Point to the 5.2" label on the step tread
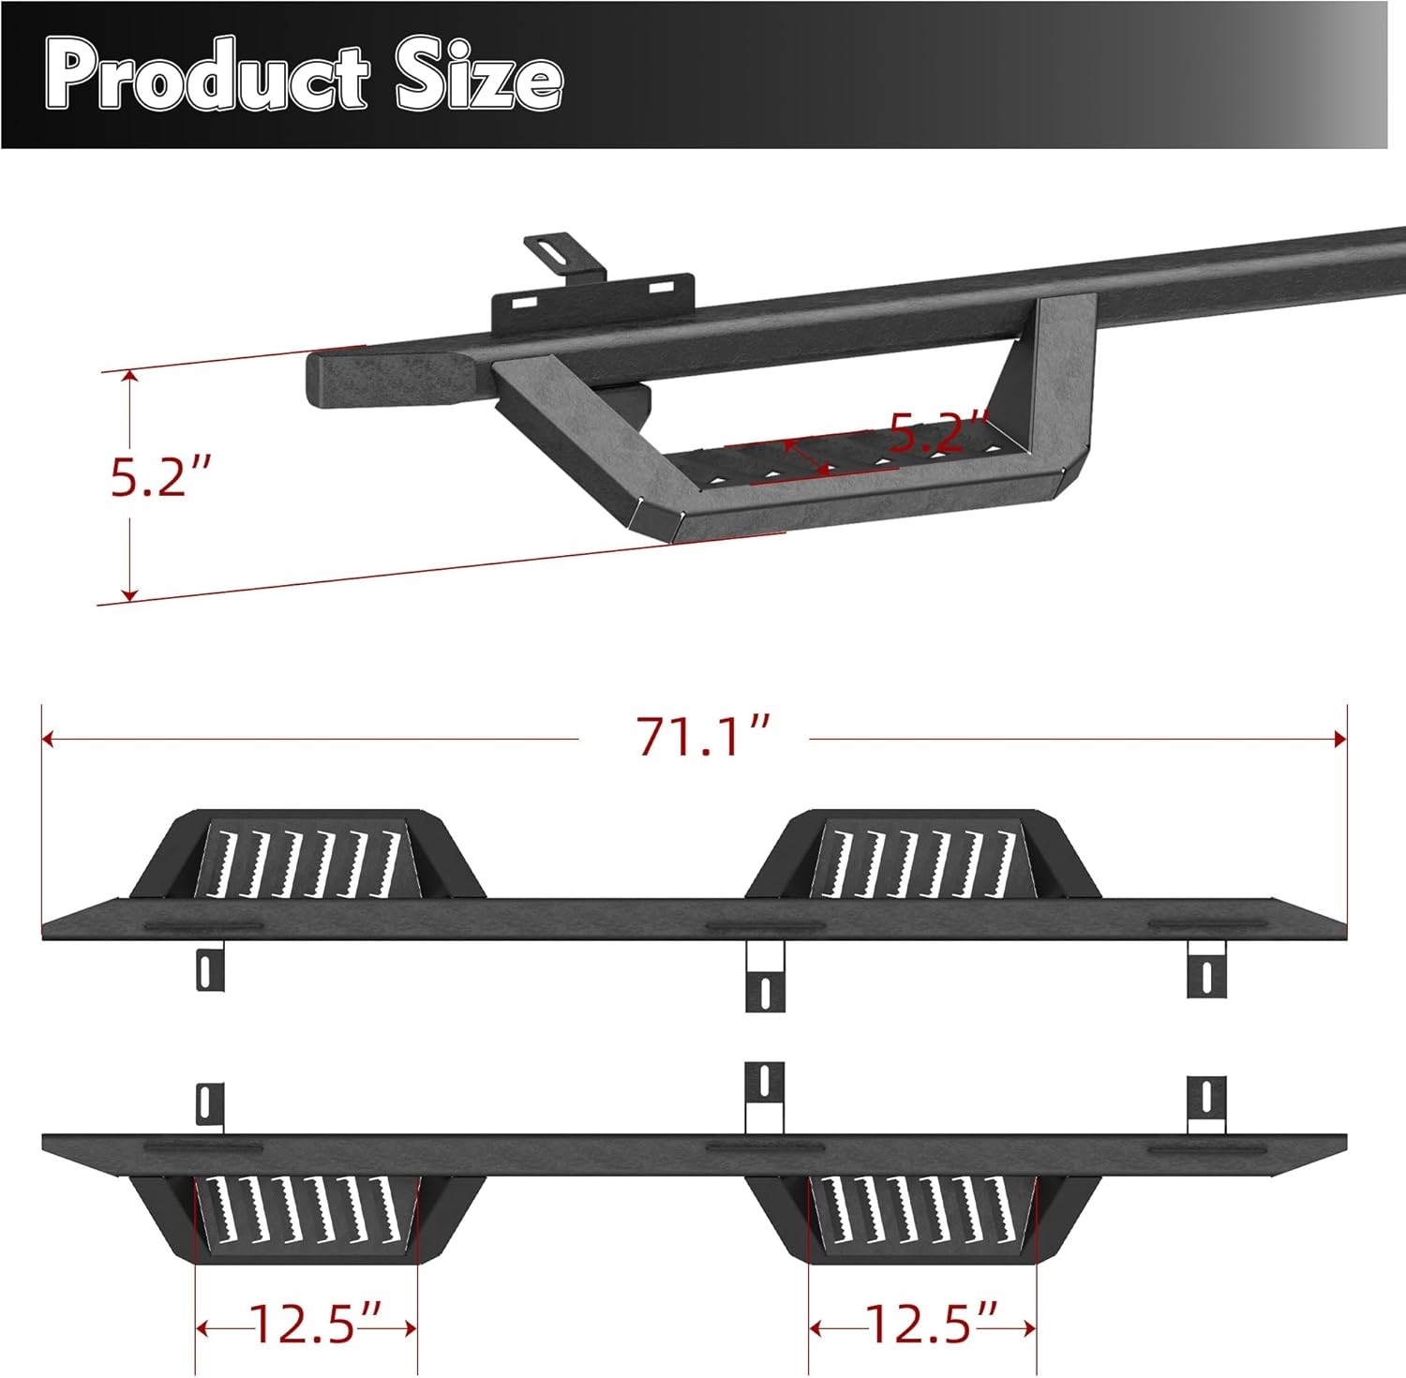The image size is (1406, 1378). tap(937, 431)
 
